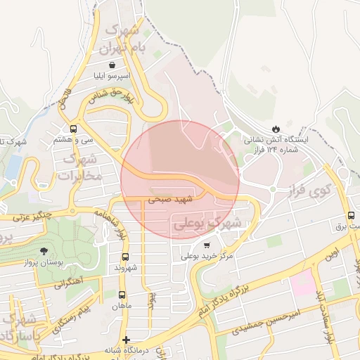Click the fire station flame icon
275,128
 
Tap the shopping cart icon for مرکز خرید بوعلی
206,245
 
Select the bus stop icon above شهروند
126,257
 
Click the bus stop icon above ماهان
122,295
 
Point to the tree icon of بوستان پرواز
44,250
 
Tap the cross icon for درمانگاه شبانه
126,340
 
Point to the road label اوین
331,252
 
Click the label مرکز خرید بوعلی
207,257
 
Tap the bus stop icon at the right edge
351,215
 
